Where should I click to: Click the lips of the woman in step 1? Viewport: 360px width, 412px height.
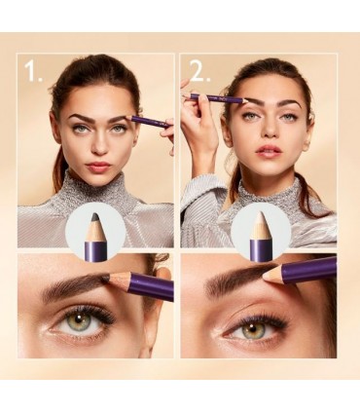point(98,167)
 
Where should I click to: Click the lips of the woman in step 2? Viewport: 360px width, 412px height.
point(269,151)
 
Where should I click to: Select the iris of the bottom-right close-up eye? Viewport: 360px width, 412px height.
point(252,331)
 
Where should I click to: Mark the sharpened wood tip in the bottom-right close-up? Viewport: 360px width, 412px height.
point(272,273)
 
